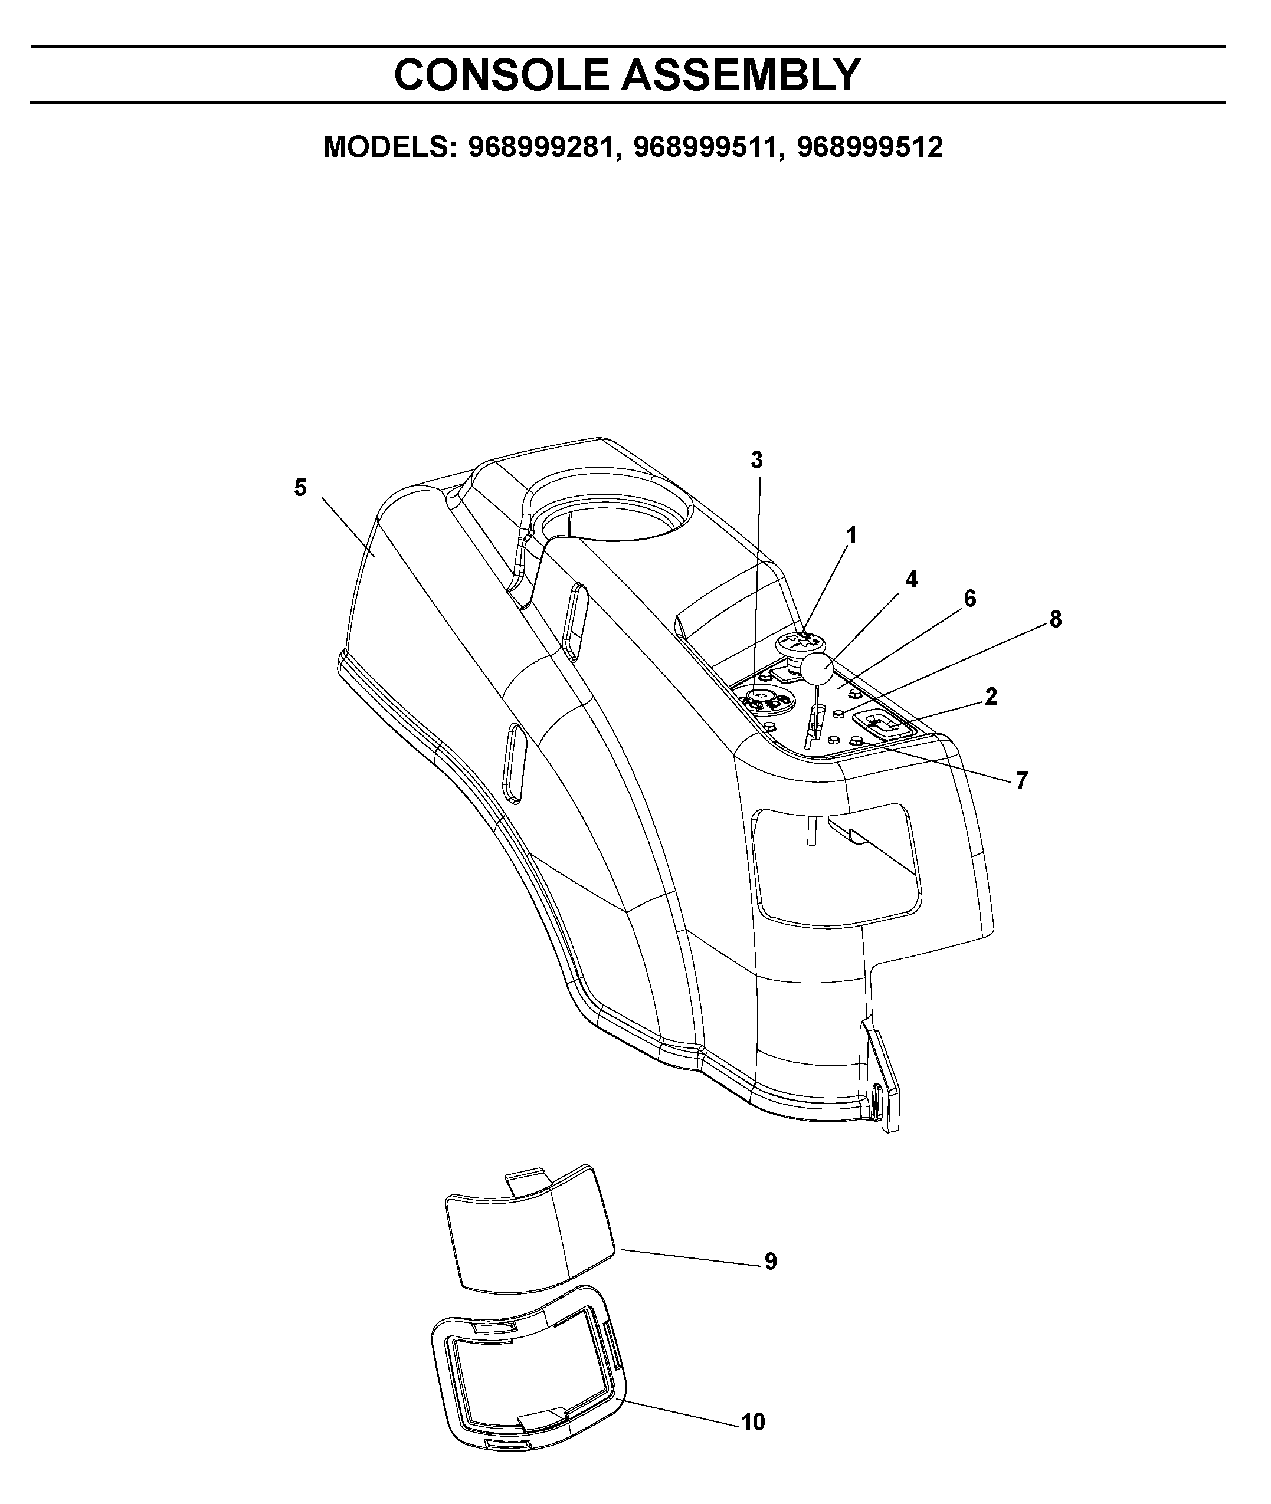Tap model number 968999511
707,147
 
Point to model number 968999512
870,147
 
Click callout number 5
300,488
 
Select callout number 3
756,459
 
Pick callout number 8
1056,619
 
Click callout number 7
1022,780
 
